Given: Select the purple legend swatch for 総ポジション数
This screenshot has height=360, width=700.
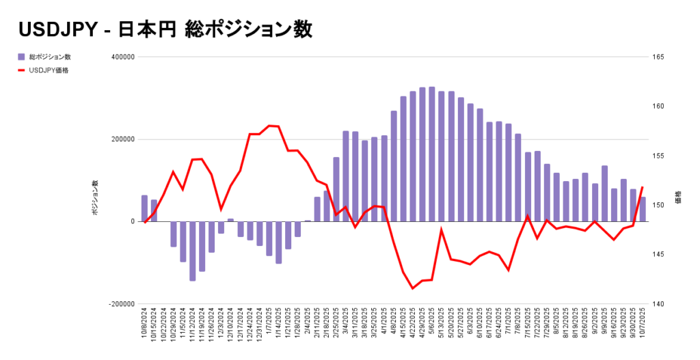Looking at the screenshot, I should pos(22,57).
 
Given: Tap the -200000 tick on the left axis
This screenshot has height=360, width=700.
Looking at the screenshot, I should pos(122,304).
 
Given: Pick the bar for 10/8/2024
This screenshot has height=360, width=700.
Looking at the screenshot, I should pos(144,208).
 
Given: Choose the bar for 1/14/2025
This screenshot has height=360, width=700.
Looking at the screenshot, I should pos(279,242).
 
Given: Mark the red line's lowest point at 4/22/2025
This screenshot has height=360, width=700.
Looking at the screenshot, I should pos(413,288).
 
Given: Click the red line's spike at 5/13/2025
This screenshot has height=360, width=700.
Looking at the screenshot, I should pos(442,230).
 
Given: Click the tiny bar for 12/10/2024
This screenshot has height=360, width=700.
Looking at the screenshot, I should pos(231,220).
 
